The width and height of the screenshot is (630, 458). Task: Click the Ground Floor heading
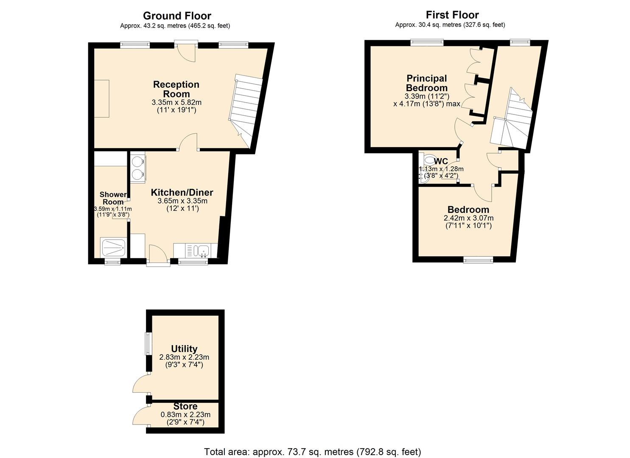pyautogui.click(x=177, y=16)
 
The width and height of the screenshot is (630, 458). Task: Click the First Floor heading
pyautogui.click(x=452, y=15)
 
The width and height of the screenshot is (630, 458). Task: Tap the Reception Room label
pyautogui.click(x=176, y=89)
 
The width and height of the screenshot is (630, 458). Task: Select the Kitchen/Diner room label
pyautogui.click(x=182, y=193)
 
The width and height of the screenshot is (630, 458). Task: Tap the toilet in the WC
pyautogui.click(x=429, y=160)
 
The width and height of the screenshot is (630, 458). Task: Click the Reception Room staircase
pyautogui.click(x=246, y=106)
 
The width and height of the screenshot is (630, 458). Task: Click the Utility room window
pyautogui.click(x=148, y=343)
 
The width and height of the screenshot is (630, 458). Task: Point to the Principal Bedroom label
pyautogui.click(x=426, y=83)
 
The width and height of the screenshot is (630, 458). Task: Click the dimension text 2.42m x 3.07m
pyautogui.click(x=468, y=218)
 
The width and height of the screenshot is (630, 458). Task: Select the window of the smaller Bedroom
pyautogui.click(x=478, y=260)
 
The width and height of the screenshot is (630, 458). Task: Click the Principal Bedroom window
pyautogui.click(x=427, y=42)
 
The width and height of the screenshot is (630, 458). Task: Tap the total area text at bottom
pyautogui.click(x=313, y=452)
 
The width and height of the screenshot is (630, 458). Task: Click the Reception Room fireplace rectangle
pyautogui.click(x=101, y=98)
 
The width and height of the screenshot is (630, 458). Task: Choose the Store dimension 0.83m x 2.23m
pyautogui.click(x=185, y=415)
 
